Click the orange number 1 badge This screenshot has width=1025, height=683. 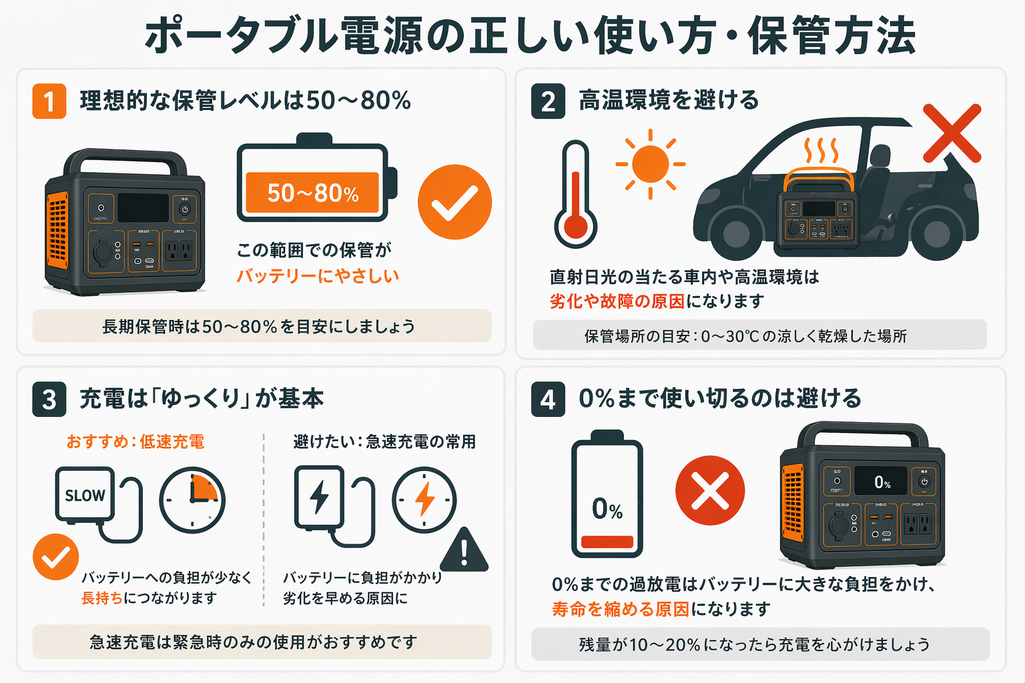[49, 101]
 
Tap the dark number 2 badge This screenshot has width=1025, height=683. [548, 101]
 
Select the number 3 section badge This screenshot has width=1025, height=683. [49, 400]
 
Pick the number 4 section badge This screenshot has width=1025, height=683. [548, 400]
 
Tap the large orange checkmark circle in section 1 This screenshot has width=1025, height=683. [454, 201]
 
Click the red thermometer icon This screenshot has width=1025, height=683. [575, 194]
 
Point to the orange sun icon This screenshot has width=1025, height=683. [650, 164]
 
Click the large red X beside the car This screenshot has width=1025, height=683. [952, 133]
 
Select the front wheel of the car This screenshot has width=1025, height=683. [736, 233]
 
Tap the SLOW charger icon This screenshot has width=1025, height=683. [85, 495]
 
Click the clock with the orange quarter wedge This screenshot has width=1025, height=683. [192, 500]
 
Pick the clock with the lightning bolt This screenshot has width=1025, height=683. [424, 500]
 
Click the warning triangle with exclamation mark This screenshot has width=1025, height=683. [464, 551]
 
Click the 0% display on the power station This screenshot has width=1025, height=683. [882, 482]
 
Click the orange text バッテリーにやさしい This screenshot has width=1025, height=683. [318, 276]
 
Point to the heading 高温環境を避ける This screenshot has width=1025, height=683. [669, 100]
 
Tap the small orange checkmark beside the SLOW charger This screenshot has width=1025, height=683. [56, 557]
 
